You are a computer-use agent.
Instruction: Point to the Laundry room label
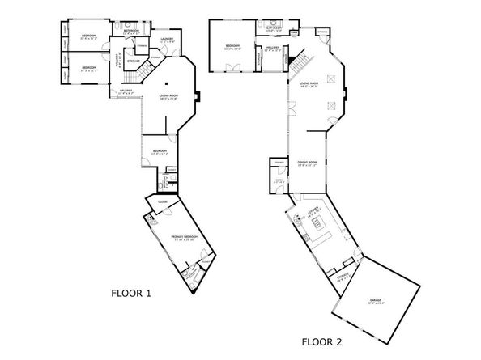168,40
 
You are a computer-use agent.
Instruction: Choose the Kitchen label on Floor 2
314,214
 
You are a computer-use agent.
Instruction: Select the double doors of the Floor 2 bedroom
232,71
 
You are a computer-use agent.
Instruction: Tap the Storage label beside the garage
343,278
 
